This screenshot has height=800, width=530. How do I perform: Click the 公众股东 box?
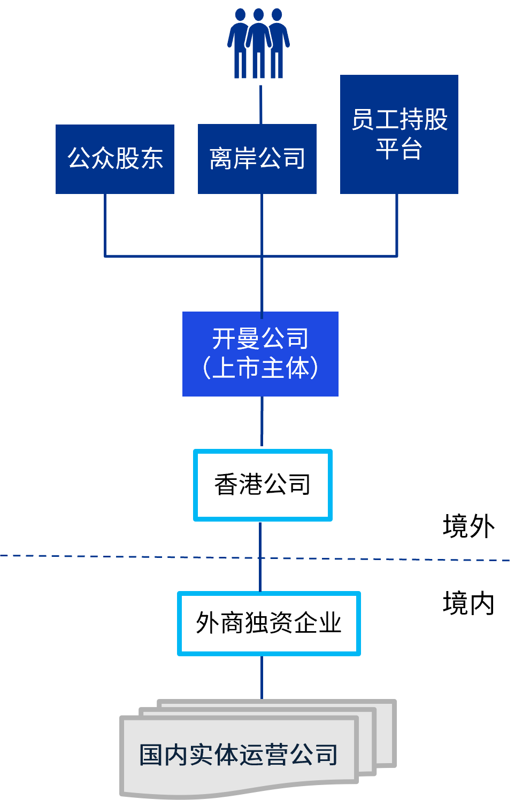[x=115, y=159]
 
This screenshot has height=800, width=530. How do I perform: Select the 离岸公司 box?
[x=257, y=159]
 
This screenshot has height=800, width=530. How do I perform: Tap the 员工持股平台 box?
[x=399, y=134]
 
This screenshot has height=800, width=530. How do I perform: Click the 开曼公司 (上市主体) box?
[x=260, y=354]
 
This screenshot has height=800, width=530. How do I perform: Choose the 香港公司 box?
[x=263, y=485]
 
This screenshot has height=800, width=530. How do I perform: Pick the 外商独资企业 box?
[x=269, y=623]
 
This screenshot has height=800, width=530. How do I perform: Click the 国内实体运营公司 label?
[x=239, y=755]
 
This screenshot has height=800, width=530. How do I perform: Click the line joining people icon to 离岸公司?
[x=261, y=104]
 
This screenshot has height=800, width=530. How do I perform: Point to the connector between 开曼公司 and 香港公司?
[x=262, y=422]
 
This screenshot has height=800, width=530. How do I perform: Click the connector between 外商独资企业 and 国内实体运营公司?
[x=262, y=677]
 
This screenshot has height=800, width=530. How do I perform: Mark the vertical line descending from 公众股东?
[x=105, y=224]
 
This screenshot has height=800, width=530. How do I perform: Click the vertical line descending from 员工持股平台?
[x=397, y=224]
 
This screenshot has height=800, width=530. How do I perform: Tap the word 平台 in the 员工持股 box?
[x=399, y=149]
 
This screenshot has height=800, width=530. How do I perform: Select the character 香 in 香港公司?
[x=226, y=485]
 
